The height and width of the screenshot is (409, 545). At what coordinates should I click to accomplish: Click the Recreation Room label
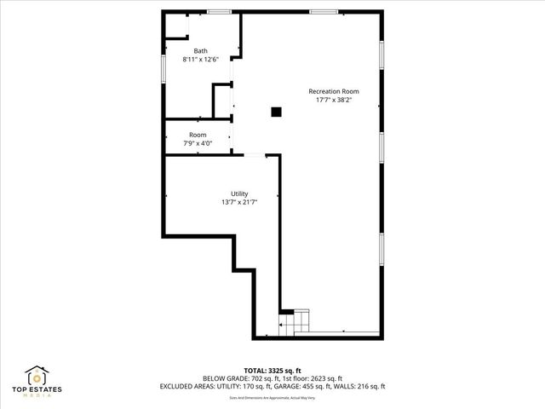click(x=333, y=91)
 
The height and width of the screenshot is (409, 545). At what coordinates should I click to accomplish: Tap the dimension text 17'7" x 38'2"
click(x=333, y=100)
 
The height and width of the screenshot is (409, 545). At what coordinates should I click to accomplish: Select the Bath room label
click(x=200, y=51)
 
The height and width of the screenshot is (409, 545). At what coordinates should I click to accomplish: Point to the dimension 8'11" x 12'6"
click(x=200, y=60)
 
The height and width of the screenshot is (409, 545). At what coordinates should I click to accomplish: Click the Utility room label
click(x=239, y=193)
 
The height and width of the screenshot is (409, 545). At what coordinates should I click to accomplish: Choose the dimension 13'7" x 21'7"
click(x=239, y=202)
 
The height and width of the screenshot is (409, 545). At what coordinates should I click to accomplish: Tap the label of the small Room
click(x=198, y=135)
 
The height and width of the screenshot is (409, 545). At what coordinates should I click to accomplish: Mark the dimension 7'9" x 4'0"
click(x=198, y=143)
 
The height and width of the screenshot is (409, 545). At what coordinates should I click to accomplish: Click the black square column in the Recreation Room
click(x=276, y=111)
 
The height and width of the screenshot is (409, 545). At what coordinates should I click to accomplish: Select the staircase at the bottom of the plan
click(x=297, y=323)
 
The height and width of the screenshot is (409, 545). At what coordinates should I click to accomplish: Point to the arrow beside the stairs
click(x=282, y=325)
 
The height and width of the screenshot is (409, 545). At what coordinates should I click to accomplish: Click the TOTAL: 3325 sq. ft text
click(x=272, y=370)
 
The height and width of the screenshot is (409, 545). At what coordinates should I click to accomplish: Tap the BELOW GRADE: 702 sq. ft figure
click(x=238, y=378)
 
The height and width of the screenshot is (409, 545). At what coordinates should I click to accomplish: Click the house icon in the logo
click(x=37, y=376)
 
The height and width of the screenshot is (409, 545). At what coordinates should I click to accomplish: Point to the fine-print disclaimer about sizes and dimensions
click(x=272, y=396)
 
